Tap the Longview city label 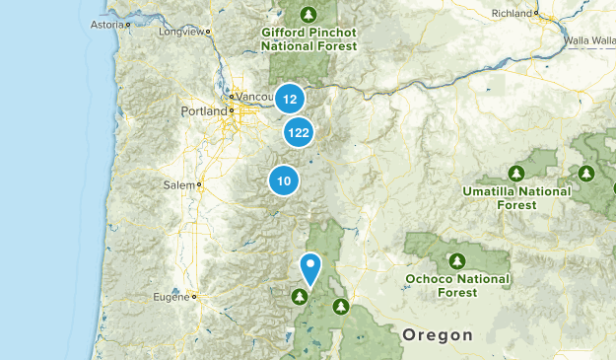click(x=190, y=32)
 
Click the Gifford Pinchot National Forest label click(x=308, y=38)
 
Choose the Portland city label click(x=204, y=111)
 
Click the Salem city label click(x=178, y=184)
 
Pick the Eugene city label click(x=173, y=296)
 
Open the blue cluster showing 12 click(x=289, y=99)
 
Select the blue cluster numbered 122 click(x=299, y=132)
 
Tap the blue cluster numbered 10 click(x=284, y=180)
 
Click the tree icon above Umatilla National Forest click(x=515, y=172)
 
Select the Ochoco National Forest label click(x=457, y=285)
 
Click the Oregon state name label click(x=438, y=335)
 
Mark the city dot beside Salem click(x=199, y=184)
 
